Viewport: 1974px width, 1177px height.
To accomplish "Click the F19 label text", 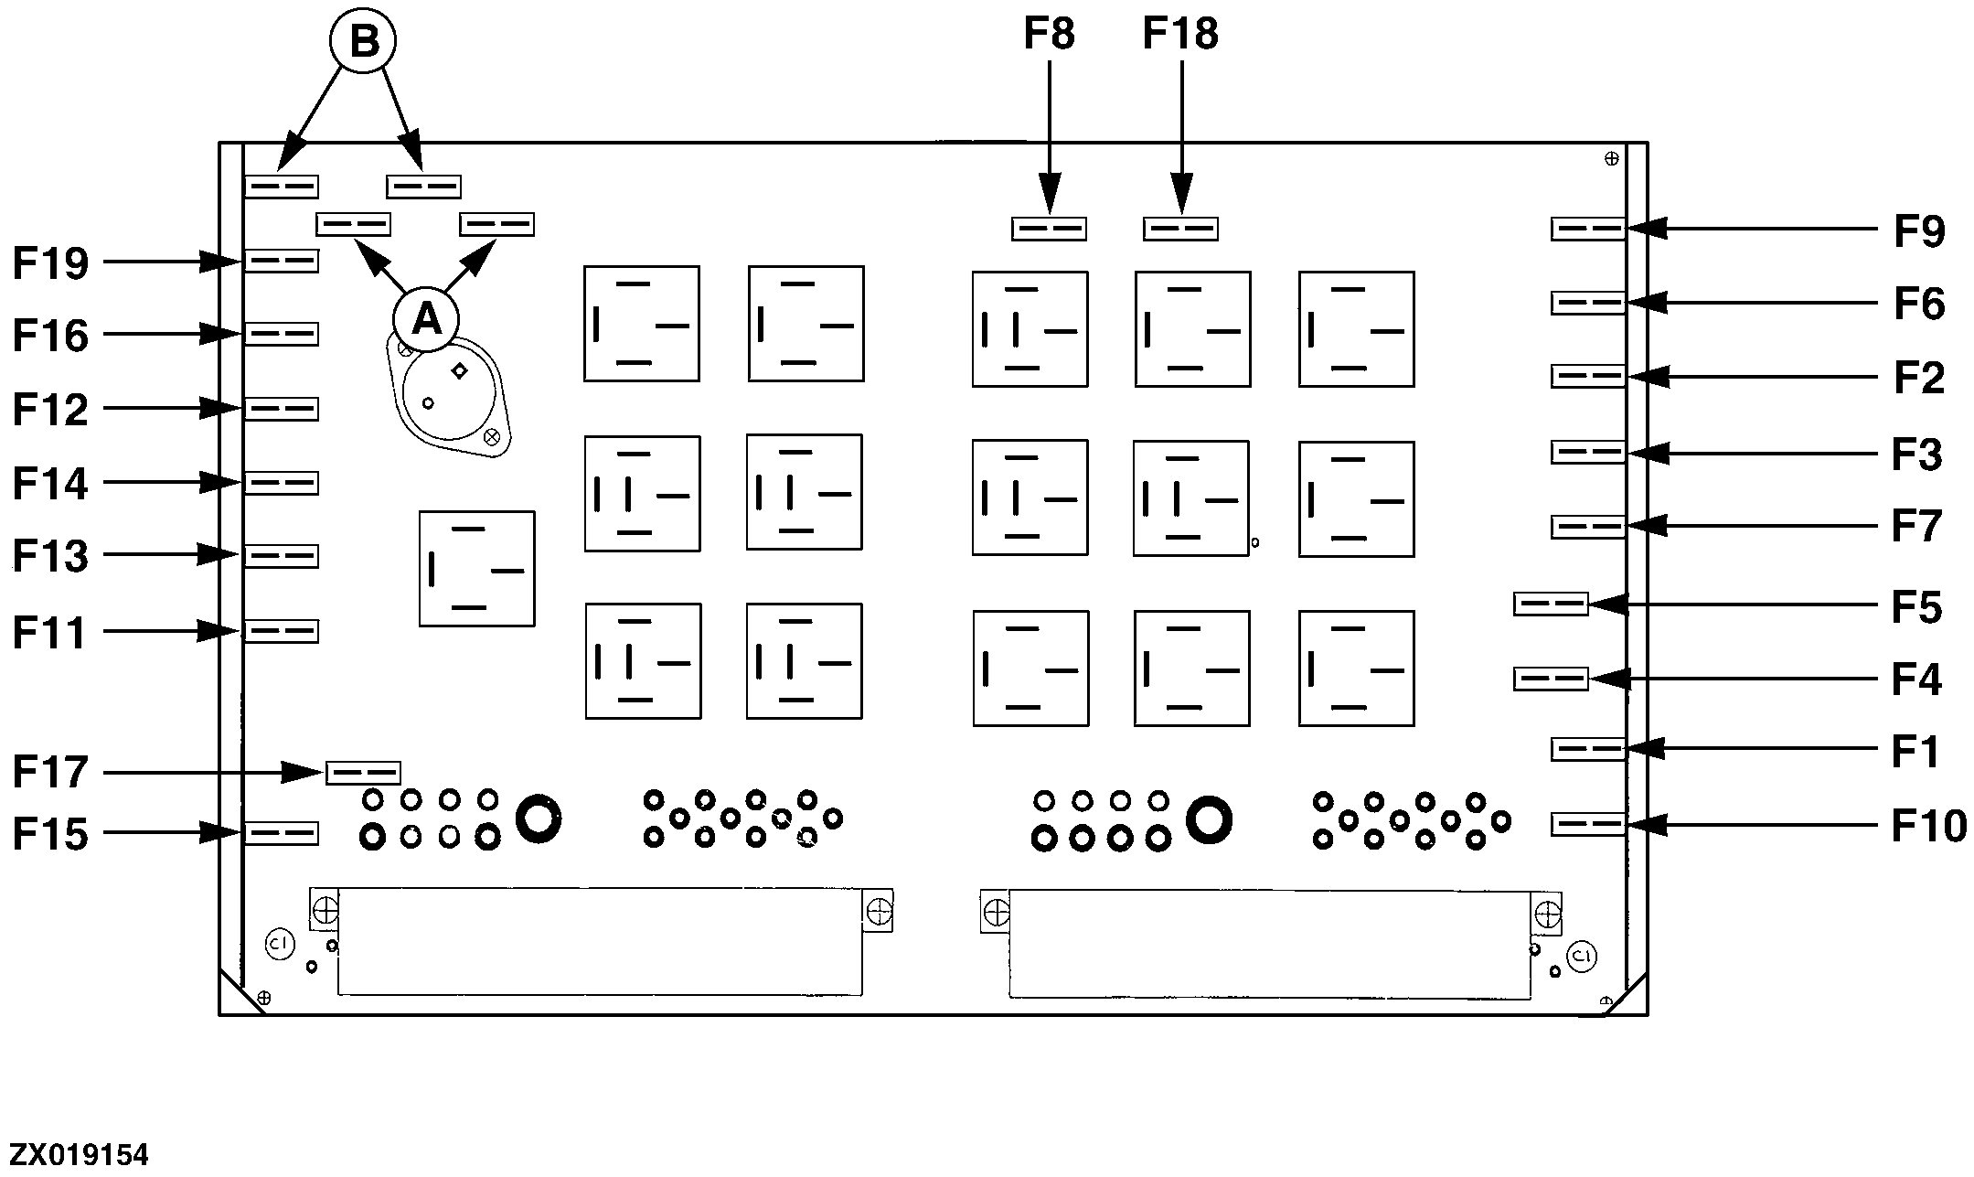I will tap(50, 263).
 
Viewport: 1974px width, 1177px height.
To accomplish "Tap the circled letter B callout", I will tap(364, 42).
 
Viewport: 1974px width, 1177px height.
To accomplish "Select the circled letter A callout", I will tap(427, 319).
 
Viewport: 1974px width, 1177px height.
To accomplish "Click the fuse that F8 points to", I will tap(1049, 229).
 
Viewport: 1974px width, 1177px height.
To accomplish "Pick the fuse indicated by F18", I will tap(1180, 229).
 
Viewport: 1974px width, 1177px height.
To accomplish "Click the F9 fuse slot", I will tap(1588, 229).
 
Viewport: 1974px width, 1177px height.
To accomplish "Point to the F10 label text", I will tap(1928, 826).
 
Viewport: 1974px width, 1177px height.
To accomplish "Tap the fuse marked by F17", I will tap(363, 773).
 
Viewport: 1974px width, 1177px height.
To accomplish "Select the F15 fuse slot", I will tap(282, 833).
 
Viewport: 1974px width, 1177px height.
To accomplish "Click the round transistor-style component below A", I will tap(449, 393).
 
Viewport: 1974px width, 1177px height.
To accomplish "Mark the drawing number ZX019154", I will tap(79, 1154).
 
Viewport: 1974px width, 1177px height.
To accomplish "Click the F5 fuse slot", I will tap(1551, 605).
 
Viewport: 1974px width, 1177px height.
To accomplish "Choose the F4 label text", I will tap(1915, 679).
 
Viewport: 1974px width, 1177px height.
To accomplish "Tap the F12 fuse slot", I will tap(282, 409).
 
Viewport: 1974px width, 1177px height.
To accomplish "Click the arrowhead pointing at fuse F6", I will tap(1642, 303).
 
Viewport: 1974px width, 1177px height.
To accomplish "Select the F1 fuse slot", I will tap(1588, 750).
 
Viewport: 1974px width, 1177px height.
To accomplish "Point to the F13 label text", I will tap(50, 556).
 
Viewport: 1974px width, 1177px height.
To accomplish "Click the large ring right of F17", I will tap(538, 819).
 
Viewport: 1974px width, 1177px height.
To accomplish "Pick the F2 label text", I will tap(1918, 378).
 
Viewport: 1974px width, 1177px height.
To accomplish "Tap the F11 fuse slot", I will tap(282, 632).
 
